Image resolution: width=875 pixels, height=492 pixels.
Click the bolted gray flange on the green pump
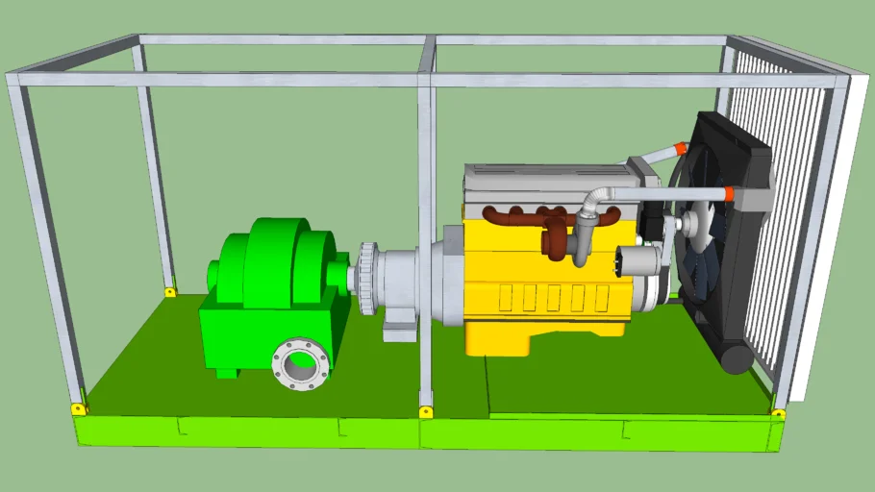click(x=301, y=363)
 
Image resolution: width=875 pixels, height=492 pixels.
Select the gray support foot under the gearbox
click(x=399, y=330)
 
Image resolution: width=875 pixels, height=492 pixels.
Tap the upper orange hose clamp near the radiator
click(x=680, y=148)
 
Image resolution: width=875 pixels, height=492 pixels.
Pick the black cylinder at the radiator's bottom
click(x=737, y=358)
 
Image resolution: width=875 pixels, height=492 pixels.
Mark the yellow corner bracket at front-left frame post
click(x=78, y=408)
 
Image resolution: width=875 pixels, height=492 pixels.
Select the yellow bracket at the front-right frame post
click(x=778, y=414)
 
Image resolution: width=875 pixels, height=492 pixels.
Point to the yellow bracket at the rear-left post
click(x=170, y=291)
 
